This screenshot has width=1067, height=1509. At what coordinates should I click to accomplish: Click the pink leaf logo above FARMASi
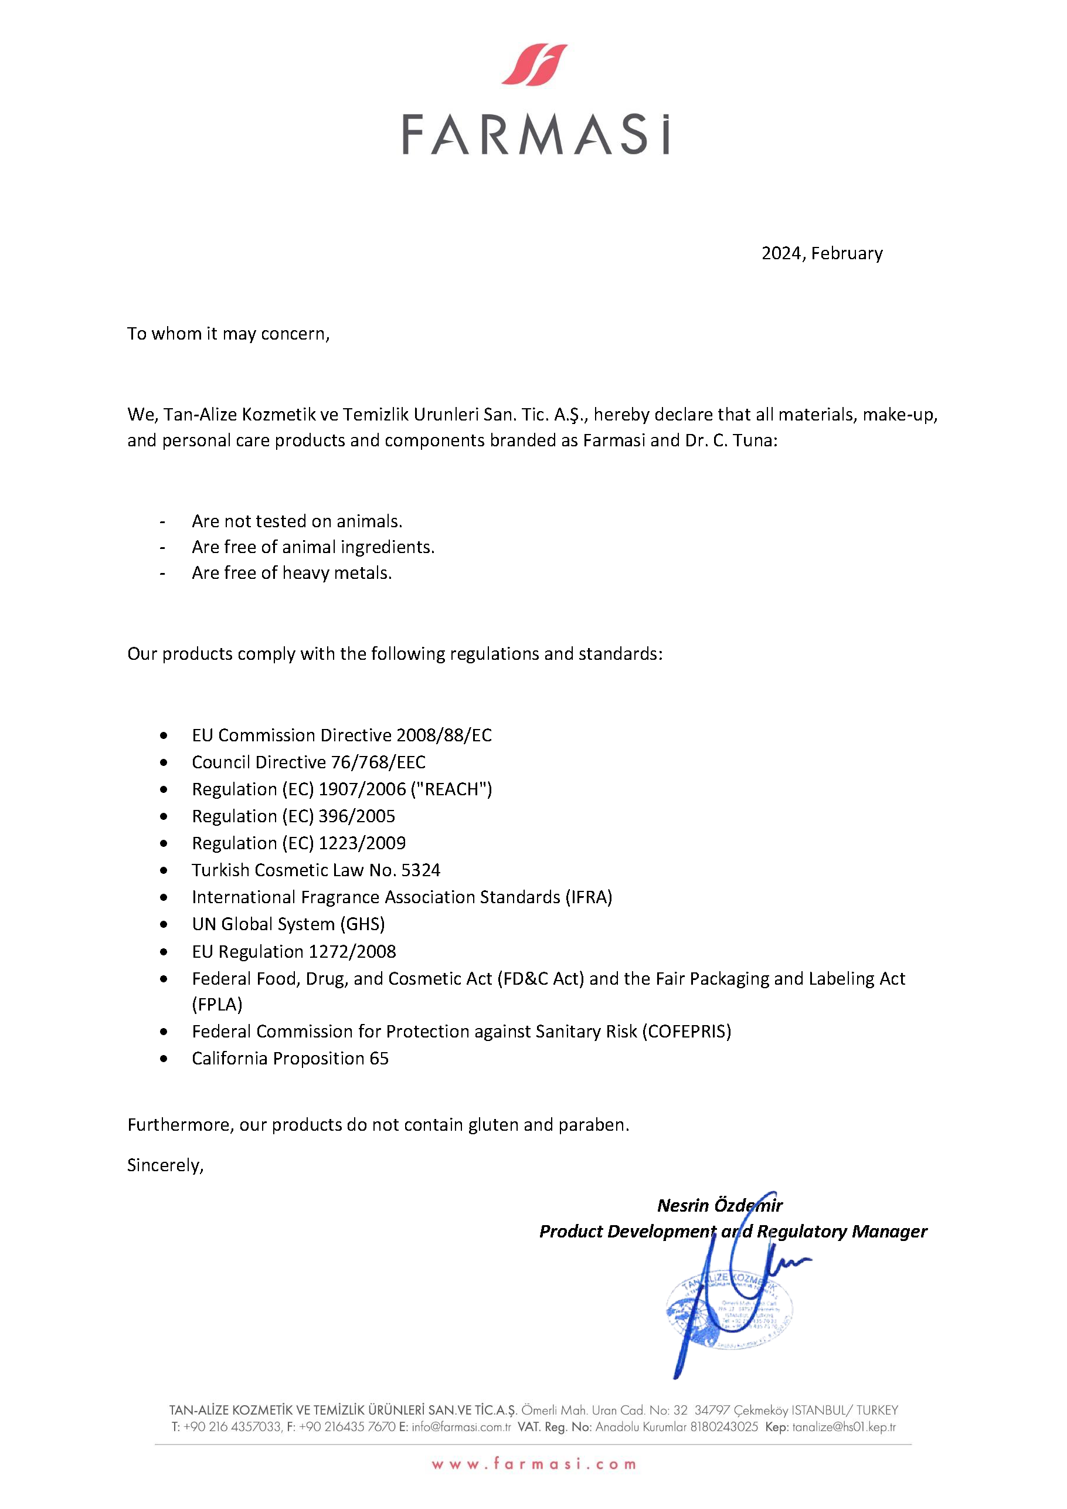pyautogui.click(x=534, y=65)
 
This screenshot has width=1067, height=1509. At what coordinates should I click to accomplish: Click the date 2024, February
pyautogui.click(x=821, y=253)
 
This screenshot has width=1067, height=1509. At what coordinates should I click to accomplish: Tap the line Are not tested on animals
pyautogui.click(x=297, y=521)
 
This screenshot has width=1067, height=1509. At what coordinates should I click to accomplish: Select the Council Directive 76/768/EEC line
pyautogui.click(x=308, y=762)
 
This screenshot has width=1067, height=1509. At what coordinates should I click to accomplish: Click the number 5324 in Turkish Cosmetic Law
pyautogui.click(x=420, y=870)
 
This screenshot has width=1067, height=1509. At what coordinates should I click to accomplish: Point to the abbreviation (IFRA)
pyautogui.click(x=589, y=897)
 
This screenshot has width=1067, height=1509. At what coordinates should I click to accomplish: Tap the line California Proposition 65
pyautogui.click(x=290, y=1058)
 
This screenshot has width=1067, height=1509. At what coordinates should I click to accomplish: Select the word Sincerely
pyautogui.click(x=165, y=1165)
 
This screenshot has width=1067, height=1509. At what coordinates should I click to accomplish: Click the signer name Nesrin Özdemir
pyautogui.click(x=719, y=1205)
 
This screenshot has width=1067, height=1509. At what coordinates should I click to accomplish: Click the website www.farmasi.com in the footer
pyautogui.click(x=533, y=1464)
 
